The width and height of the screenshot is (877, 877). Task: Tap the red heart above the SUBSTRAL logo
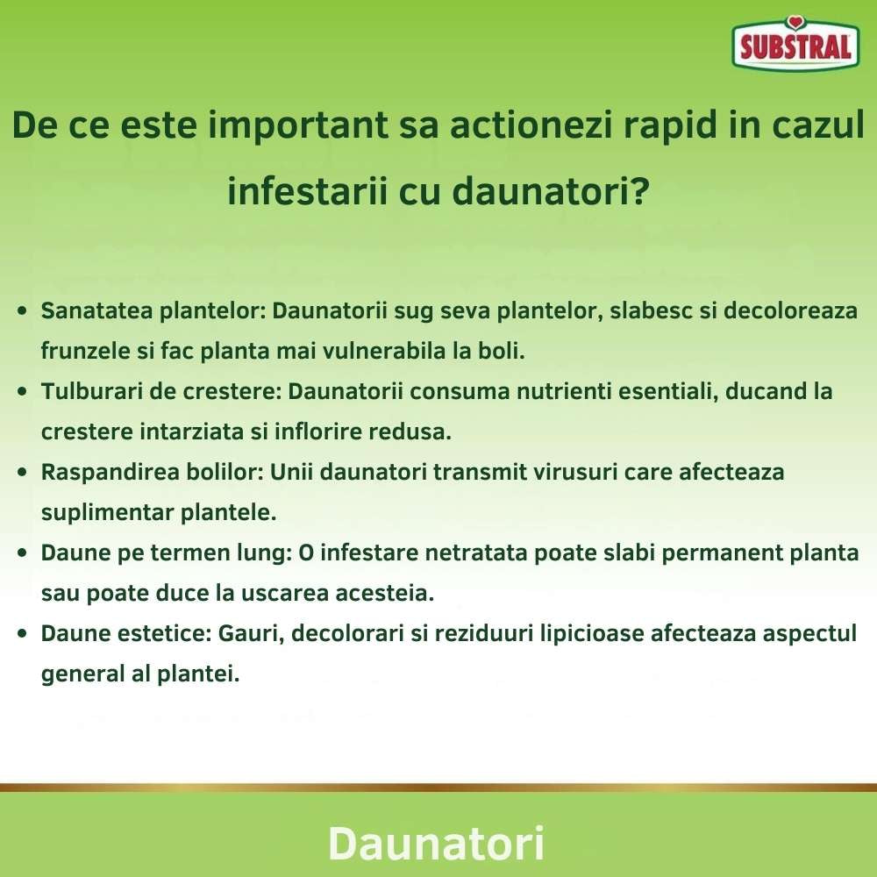point(795,23)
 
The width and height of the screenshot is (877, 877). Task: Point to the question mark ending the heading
point(640,189)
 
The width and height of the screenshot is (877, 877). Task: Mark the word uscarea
point(296,593)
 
